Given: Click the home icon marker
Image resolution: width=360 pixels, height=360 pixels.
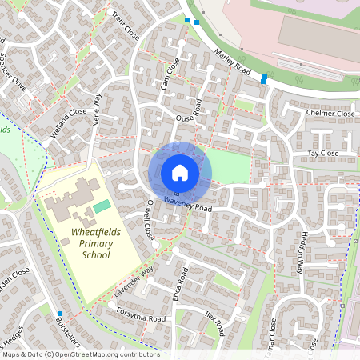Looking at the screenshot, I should click(x=180, y=172).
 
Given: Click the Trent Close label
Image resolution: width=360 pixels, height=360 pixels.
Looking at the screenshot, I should click(x=126, y=29).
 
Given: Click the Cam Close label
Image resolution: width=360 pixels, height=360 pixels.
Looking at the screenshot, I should click(x=166, y=72).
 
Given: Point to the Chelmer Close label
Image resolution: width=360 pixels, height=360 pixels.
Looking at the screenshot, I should click(x=330, y=114).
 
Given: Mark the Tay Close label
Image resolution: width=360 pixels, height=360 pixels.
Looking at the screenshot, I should click(x=323, y=153).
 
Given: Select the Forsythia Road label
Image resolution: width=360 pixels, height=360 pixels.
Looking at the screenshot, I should click(x=141, y=314).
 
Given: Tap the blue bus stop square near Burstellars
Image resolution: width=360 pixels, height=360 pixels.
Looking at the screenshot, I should click(x=59, y=314).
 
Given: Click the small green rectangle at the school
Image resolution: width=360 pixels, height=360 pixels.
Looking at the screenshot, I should click(x=101, y=207).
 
